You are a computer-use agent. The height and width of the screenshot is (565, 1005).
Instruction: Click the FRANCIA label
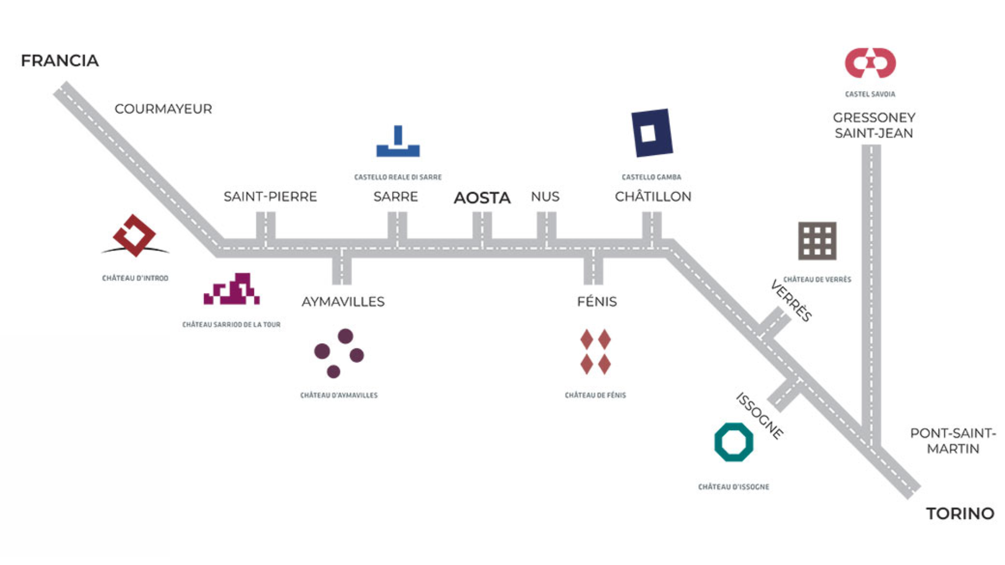coord(60,61)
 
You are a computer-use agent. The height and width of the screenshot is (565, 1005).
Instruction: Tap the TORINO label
coord(960,514)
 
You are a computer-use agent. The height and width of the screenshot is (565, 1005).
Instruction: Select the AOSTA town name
coord(482,198)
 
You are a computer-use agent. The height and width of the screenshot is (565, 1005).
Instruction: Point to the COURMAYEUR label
coord(163,109)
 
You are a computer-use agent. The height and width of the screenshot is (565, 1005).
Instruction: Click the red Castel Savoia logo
coord(870,63)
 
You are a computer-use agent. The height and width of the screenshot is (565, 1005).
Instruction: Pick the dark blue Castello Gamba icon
coord(651,133)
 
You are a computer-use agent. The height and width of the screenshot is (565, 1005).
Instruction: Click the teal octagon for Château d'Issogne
coord(733,442)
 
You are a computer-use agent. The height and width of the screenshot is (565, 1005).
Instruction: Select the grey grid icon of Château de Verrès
coord(817,241)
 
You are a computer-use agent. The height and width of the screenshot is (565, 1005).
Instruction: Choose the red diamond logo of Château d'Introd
coord(135,235)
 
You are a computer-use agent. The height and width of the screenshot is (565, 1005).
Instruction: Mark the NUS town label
coord(545,197)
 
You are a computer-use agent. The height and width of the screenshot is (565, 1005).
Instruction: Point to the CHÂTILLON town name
coord(653,197)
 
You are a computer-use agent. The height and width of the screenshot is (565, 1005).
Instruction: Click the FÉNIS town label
coord(597,302)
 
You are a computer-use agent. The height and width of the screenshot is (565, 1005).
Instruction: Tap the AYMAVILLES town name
coord(343,302)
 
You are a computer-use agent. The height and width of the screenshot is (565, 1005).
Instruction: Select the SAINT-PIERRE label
coord(270,197)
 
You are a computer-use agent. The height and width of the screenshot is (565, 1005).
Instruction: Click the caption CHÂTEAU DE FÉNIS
coord(595,395)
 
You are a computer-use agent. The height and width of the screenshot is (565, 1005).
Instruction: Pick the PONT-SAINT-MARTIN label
coord(953,441)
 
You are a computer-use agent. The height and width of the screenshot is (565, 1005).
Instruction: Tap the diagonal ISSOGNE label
coord(760,416)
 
